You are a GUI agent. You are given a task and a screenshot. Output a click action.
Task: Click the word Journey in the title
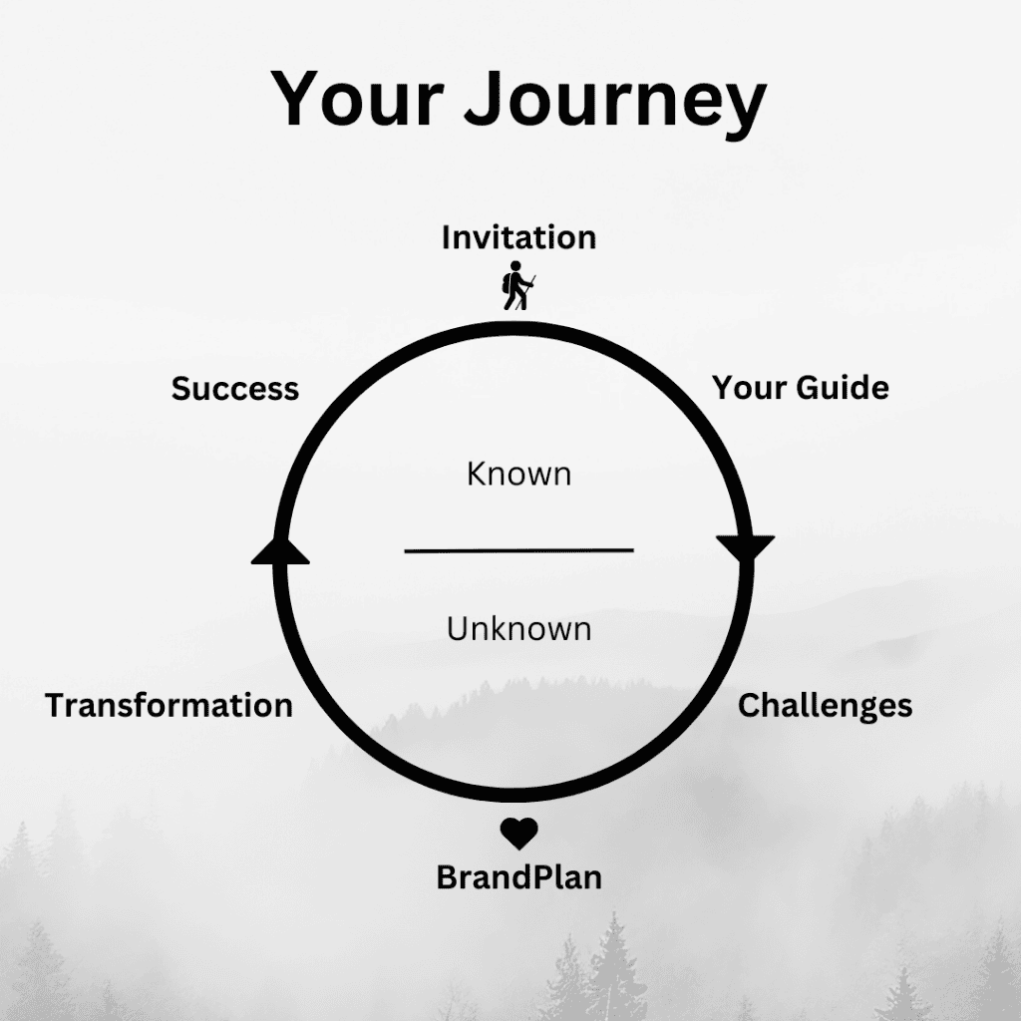click(615, 103)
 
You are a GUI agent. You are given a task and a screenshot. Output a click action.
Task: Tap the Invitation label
click(518, 237)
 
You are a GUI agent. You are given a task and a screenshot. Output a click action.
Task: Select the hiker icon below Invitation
click(518, 285)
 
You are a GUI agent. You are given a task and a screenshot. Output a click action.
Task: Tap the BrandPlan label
click(518, 877)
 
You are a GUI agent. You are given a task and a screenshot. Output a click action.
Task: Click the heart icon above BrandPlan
click(518, 834)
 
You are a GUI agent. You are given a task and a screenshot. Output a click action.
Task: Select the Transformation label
click(169, 706)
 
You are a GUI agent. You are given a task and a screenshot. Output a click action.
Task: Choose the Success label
click(235, 389)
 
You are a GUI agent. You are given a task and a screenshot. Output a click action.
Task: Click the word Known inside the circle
click(518, 474)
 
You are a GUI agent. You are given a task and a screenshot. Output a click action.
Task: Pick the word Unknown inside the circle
click(518, 629)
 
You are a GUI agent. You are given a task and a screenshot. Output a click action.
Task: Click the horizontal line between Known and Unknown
click(518, 550)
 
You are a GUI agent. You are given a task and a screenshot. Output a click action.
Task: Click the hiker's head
click(515, 266)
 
